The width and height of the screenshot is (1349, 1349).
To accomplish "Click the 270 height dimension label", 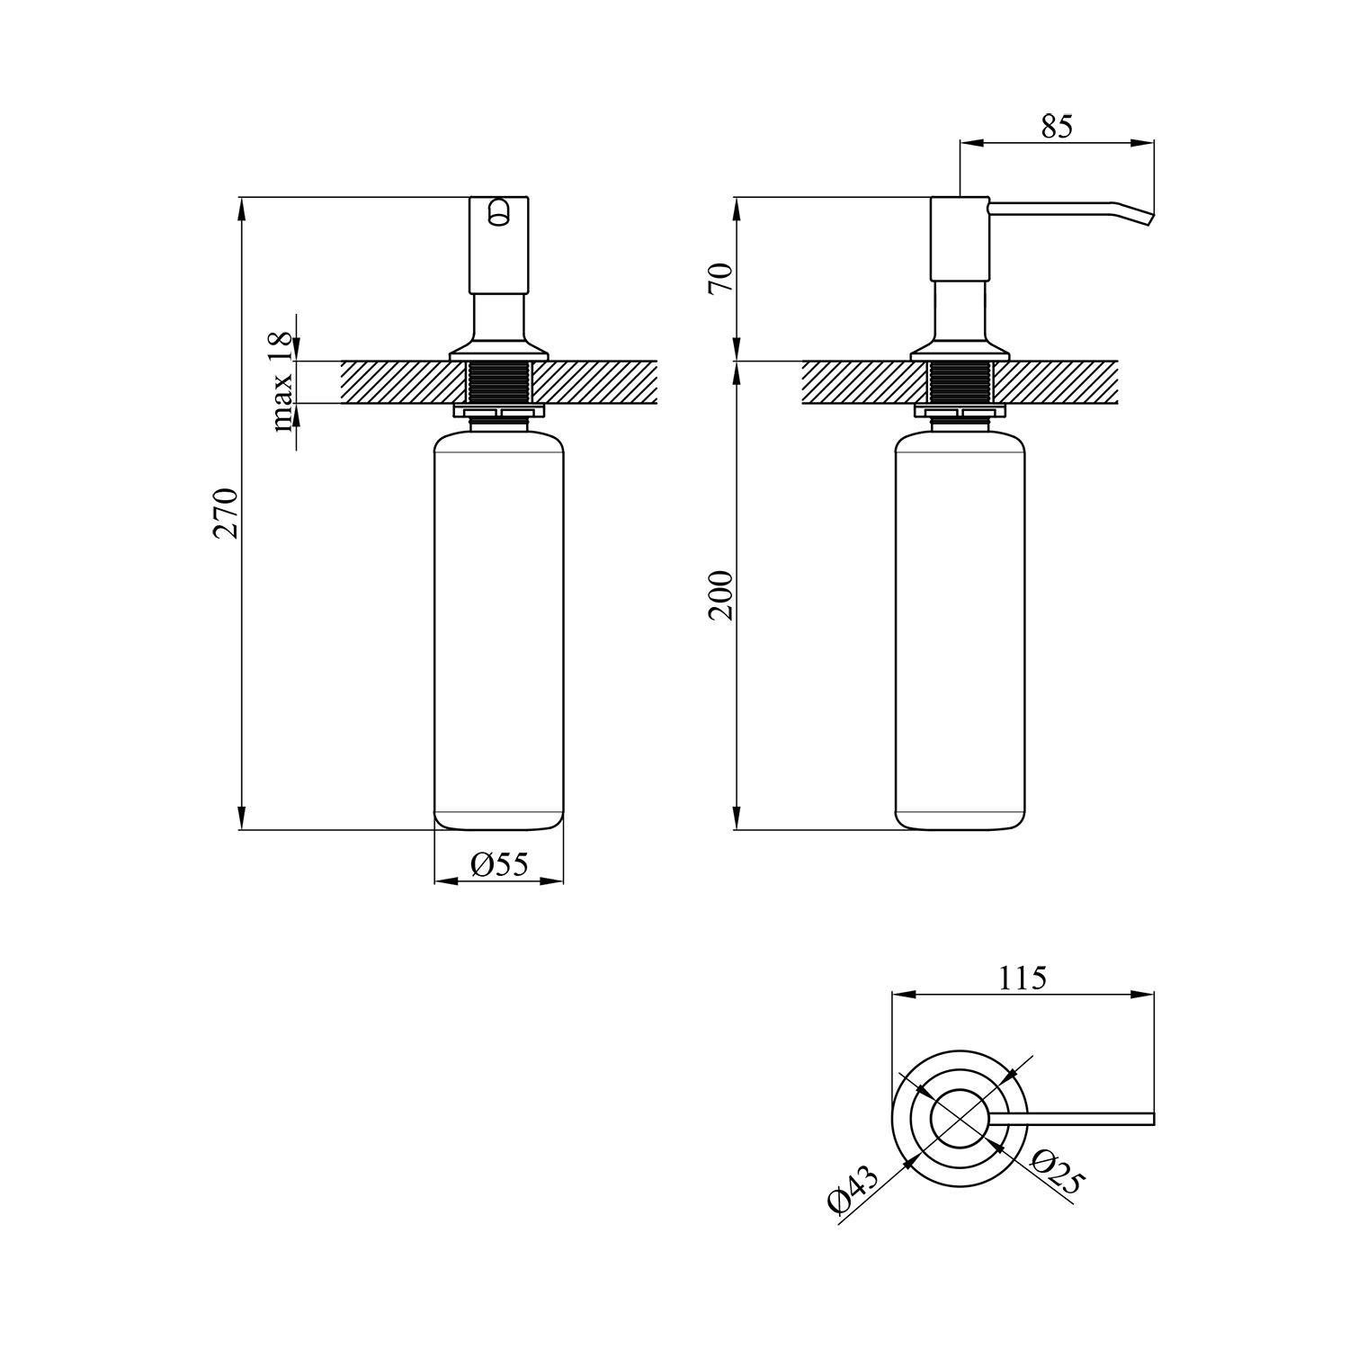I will point(225,513).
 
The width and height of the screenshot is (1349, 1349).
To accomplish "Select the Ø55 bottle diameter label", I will point(498,865).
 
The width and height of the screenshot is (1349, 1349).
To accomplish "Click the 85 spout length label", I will point(1057,127).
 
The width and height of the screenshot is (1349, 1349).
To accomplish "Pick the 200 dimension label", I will point(722,595).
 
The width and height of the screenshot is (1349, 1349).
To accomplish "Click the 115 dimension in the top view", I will point(1023,978).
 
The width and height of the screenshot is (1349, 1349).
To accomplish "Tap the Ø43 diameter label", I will point(852,1189).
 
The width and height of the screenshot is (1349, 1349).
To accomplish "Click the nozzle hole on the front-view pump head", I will point(498,213).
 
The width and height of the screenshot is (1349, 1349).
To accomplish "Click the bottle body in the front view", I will point(498,630).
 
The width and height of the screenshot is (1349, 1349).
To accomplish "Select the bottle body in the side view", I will point(960,630).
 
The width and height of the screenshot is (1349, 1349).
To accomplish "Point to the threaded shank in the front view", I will point(499,382).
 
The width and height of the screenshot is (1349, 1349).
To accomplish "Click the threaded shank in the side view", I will point(960,382).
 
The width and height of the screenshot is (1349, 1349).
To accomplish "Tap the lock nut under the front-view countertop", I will point(499,413).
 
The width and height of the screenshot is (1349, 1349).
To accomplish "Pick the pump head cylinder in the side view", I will point(960,238).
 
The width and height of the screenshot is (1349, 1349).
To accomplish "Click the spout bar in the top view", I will point(1079,1119).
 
